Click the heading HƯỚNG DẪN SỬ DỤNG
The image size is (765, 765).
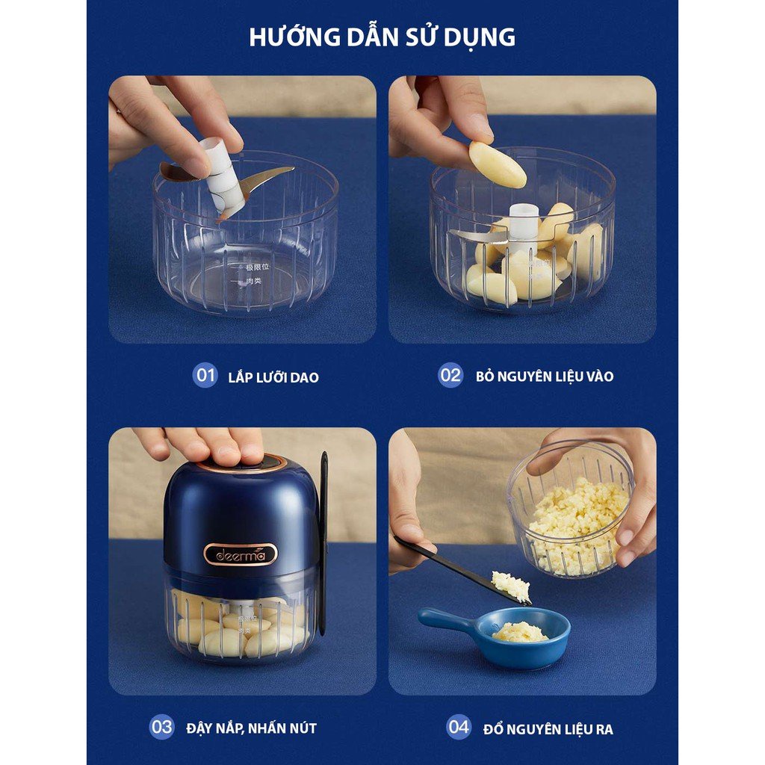pos(382,37)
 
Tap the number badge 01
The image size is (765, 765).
pos(205,375)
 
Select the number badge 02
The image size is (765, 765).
pos(450,375)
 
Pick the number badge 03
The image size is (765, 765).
pos(161,726)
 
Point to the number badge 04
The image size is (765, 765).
pos(459,726)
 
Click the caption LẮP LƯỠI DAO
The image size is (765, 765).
pos(273,377)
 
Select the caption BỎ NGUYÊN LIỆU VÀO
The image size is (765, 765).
pos(545,377)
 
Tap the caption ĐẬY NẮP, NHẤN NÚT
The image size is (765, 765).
pos(252,728)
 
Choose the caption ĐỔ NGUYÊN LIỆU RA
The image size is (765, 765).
pos(548,728)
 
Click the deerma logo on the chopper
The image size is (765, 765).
pos(241,554)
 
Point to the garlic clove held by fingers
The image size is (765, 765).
pos(497,164)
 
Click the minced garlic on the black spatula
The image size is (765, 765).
pos(510,584)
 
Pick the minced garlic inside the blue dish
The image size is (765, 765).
pos(520,632)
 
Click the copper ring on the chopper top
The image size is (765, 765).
pos(241,462)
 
